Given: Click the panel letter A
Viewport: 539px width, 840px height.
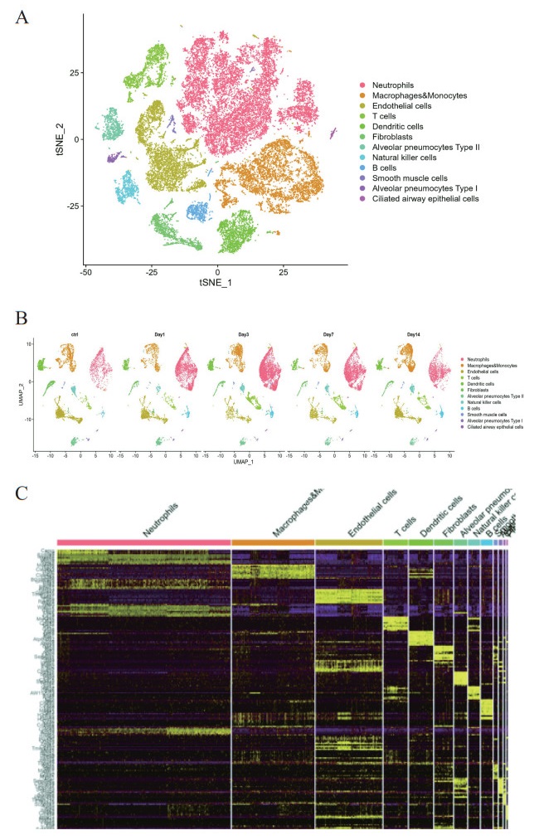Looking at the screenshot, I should pyautogui.click(x=22, y=17).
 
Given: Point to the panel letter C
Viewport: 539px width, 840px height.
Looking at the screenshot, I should pyautogui.click(x=22, y=493).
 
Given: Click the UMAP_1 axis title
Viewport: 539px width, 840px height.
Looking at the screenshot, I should pyautogui.click(x=243, y=464).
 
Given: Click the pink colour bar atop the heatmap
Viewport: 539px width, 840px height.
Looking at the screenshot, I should pyautogui.click(x=143, y=542).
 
